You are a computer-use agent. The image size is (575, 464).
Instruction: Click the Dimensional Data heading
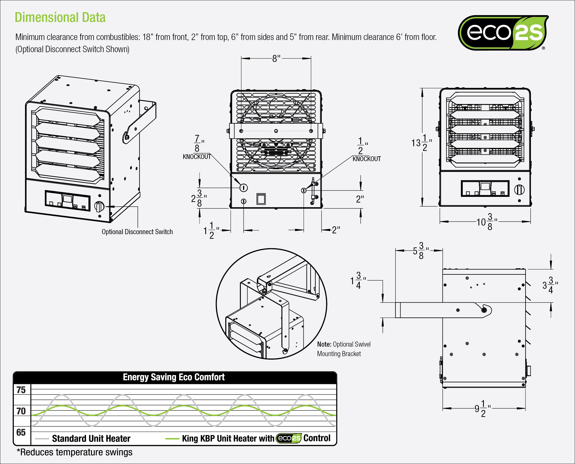[x=60, y=18]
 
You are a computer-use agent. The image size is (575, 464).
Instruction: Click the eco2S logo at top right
[x=503, y=33]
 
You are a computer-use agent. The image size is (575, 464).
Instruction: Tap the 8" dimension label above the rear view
[x=276, y=58]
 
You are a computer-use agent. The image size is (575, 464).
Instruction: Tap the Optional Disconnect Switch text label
[x=137, y=232]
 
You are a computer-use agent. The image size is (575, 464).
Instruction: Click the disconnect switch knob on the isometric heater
[x=99, y=206]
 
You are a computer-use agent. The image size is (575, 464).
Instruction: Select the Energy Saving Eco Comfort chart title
[x=174, y=377]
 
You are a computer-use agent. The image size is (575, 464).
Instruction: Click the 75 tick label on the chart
[x=21, y=390]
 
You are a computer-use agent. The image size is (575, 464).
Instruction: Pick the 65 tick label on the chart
[x=21, y=432]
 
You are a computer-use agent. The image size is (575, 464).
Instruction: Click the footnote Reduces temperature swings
[x=75, y=452]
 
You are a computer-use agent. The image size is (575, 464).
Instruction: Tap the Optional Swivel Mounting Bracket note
[x=343, y=349]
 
